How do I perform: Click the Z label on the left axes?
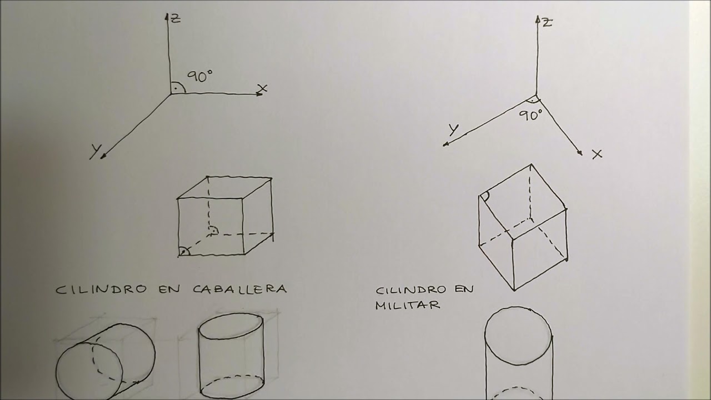coord(176,18)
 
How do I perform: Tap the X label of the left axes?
coord(263,88)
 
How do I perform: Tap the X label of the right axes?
coord(597,154)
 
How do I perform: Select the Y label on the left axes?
coord(95,151)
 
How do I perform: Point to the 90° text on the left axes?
coord(199,77)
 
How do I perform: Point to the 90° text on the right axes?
coord(530,116)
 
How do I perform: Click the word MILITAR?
coord(408,305)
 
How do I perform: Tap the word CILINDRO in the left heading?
coord(102,289)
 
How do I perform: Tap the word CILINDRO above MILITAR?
coord(411,290)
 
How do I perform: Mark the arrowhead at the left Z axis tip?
coord(167,16)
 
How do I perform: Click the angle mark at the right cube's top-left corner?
coord(485,196)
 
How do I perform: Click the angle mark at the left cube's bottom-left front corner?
coord(184,251)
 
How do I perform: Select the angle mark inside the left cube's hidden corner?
coord(213,229)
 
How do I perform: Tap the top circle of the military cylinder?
coord(518,336)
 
